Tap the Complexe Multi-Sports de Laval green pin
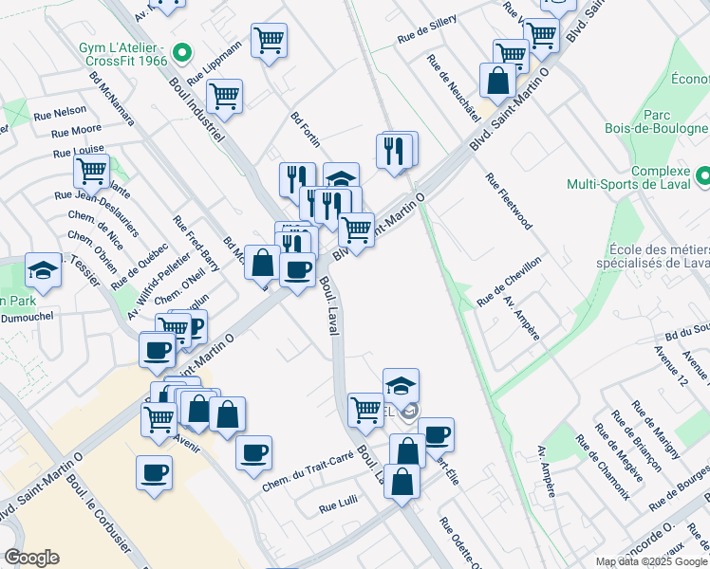click(x=701, y=176)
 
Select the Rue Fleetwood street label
click(x=508, y=201)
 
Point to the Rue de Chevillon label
click(x=509, y=281)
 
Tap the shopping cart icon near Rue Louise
click(x=91, y=172)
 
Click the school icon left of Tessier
click(x=43, y=271)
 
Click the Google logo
click(x=30, y=558)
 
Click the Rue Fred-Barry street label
click(x=196, y=243)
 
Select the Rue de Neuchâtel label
click(x=453, y=87)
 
